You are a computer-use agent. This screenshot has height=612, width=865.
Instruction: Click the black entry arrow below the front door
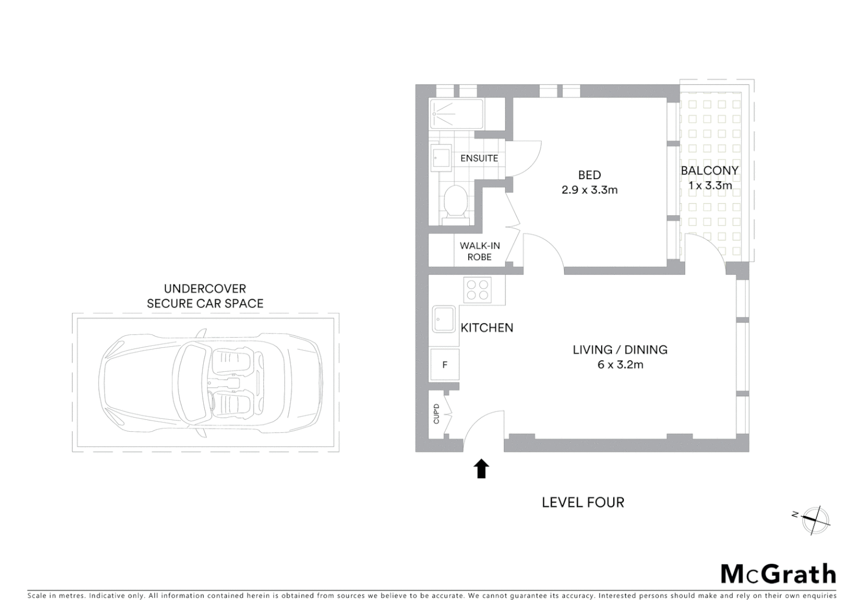[481, 469]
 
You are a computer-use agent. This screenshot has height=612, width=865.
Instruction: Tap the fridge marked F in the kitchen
[444, 364]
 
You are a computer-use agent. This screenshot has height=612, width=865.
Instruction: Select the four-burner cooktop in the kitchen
[477, 290]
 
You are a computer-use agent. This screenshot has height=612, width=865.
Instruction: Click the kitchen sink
[444, 319]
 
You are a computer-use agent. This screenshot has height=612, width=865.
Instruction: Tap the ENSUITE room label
[479, 158]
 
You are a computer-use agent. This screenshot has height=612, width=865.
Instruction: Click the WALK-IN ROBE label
[479, 251]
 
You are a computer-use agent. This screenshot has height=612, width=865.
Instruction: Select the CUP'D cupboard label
[436, 414]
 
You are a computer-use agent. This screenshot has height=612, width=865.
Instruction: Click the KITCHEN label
[487, 328]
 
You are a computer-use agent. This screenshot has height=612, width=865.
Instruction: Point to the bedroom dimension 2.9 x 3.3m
[589, 190]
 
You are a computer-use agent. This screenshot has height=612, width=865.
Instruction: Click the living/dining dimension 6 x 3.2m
[620, 364]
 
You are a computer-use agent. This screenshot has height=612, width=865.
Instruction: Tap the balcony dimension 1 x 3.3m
[710, 185]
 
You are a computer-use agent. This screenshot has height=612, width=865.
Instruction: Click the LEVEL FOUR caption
[583, 502]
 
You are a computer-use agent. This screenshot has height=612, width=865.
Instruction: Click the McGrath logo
[778, 573]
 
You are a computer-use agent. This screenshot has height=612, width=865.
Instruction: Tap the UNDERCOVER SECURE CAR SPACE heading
[205, 296]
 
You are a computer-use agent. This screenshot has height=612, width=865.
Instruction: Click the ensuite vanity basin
[441, 156]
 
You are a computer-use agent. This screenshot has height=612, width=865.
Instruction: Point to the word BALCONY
[709, 170]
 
